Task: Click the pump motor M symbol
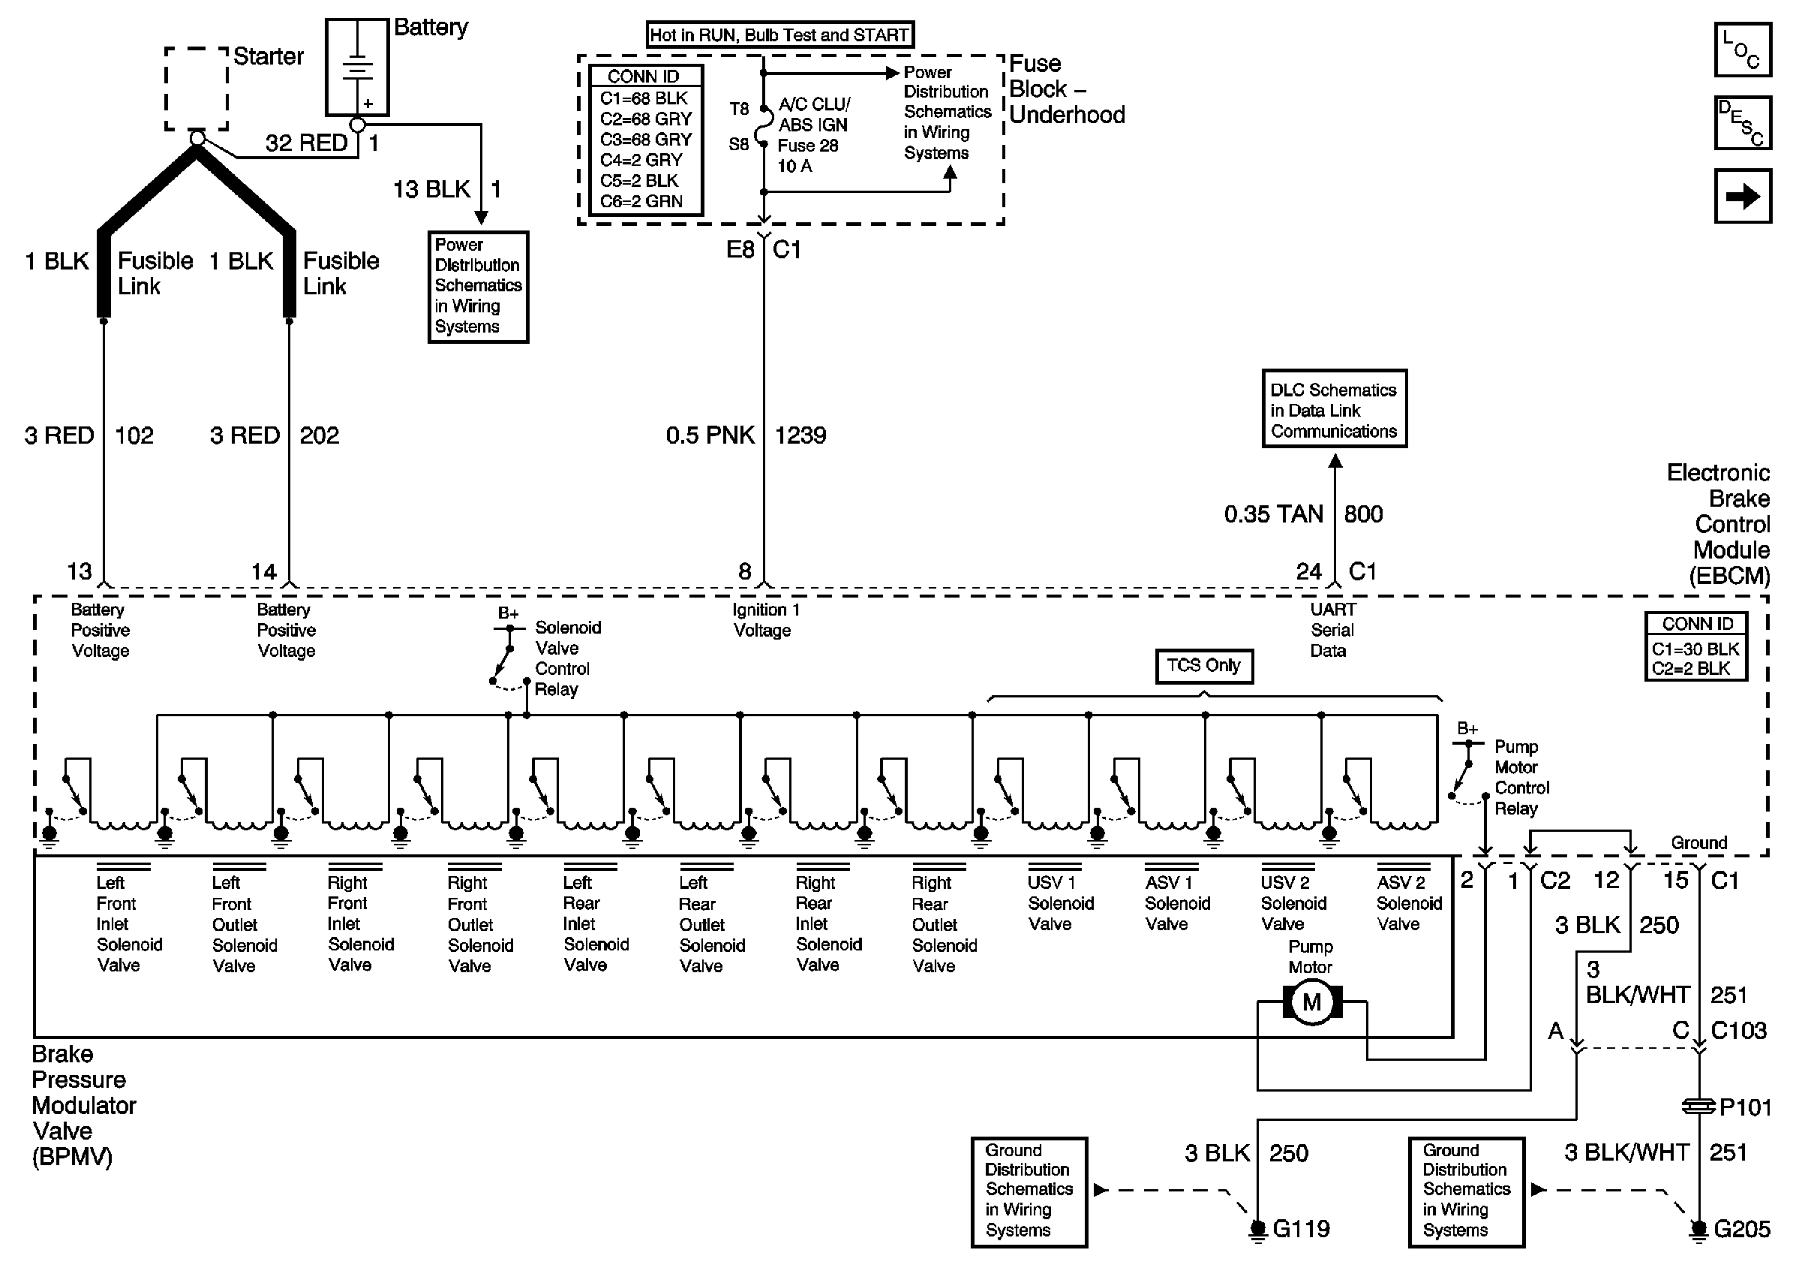pos(1311,1002)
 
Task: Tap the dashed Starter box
pos(197,88)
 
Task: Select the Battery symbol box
pos(357,67)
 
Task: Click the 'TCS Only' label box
pos(1203,666)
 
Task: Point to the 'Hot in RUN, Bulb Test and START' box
pos(779,35)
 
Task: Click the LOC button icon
pos(1742,50)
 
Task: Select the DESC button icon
pos(1742,122)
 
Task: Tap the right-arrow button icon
pos(1742,196)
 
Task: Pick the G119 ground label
pos(1300,1229)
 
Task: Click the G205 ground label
pos(1741,1229)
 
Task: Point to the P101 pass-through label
pos(1745,1107)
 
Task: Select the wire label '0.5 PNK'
pos(710,435)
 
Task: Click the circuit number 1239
pos(800,435)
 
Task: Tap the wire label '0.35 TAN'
pos(1273,514)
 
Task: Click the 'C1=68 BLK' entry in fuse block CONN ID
pos(644,98)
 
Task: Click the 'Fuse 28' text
pos(808,145)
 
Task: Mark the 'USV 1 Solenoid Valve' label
pos(1060,903)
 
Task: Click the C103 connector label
pos(1738,1030)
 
